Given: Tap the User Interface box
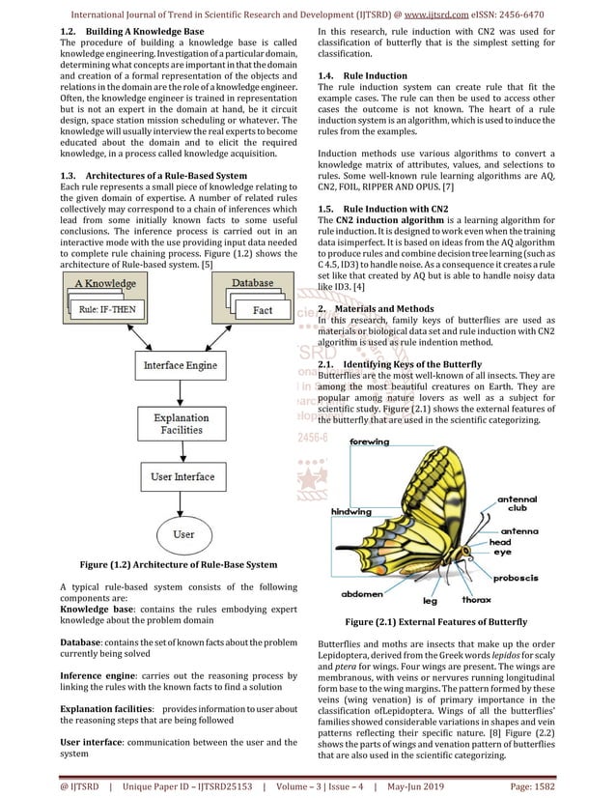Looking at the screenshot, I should point(182,477).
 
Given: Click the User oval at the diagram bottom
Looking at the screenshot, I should point(183,534).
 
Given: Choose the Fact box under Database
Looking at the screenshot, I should point(262,310).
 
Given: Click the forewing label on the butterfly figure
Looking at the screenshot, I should point(369,442).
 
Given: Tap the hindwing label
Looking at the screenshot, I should point(351,512).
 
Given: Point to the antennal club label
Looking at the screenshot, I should point(518,503).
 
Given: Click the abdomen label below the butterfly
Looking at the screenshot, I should point(363,594).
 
